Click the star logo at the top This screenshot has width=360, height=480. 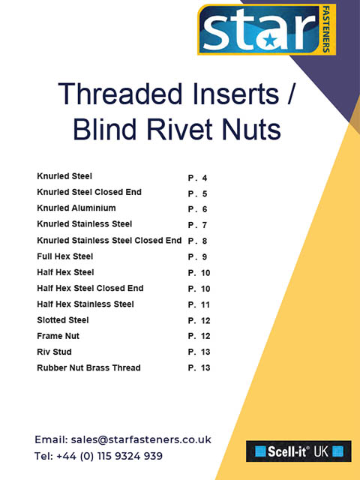[x=267, y=29]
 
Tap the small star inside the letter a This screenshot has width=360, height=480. [x=270, y=40]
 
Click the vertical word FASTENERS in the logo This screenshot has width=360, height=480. [x=326, y=29]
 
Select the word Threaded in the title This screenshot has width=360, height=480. [x=120, y=94]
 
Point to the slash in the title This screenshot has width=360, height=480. [x=290, y=94]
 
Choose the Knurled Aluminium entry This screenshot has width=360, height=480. [x=76, y=208]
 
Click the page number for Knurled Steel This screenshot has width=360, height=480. [x=197, y=178]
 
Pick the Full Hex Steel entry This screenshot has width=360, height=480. [x=65, y=256]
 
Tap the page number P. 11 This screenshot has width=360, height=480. [x=199, y=304]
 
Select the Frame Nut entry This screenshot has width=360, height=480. [x=58, y=336]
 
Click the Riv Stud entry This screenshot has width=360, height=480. [x=54, y=352]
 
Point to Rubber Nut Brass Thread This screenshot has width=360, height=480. [x=88, y=367]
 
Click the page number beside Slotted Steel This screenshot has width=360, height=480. [x=199, y=320]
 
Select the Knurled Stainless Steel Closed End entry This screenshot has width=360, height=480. [x=109, y=240]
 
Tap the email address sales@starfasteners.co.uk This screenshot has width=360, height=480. [x=141, y=439]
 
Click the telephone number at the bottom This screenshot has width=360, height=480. [x=109, y=456]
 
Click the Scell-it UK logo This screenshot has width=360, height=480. [x=298, y=451]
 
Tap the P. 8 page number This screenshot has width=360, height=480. [x=197, y=241]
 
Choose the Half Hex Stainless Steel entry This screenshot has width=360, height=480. [x=85, y=304]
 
